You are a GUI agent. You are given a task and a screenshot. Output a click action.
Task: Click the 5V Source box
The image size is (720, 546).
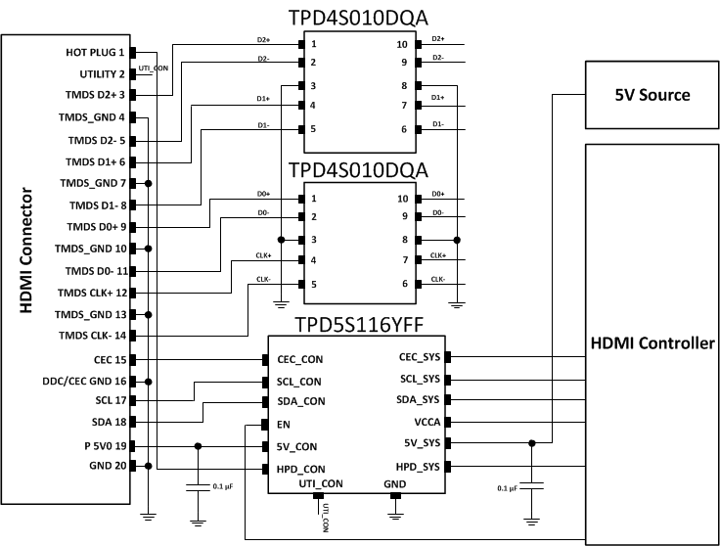(x=652, y=95)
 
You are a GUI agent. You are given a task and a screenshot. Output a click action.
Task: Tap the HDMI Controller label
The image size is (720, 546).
(x=652, y=343)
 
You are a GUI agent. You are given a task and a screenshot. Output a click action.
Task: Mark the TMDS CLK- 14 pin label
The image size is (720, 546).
(x=92, y=336)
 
